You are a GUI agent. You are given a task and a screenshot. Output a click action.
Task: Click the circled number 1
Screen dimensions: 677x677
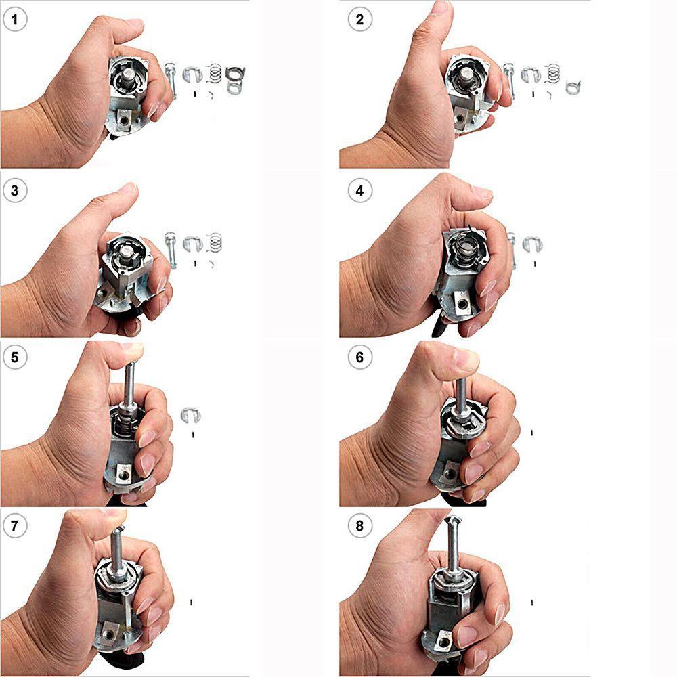click(x=16, y=19)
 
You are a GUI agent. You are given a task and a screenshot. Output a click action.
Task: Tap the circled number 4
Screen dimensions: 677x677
click(x=359, y=190)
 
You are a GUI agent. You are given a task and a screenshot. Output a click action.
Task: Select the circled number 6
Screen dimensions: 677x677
click(x=359, y=357)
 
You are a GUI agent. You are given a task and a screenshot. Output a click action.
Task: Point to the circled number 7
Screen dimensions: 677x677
click(x=16, y=526)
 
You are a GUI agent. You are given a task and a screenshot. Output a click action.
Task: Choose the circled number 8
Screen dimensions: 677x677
click(x=359, y=526)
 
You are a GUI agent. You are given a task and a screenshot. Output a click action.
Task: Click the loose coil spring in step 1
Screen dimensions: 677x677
click(x=215, y=70)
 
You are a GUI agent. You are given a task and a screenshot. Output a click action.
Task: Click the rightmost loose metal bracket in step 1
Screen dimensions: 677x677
click(x=235, y=79)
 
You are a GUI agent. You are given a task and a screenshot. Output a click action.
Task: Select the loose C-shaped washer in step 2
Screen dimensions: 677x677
click(x=531, y=76)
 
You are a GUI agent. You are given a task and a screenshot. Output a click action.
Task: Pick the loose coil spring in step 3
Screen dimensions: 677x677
click(x=216, y=242)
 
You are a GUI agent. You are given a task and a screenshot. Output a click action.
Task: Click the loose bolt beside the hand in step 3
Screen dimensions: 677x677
click(x=171, y=248)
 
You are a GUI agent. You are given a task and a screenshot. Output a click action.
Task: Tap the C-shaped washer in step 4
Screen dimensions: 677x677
click(x=531, y=244)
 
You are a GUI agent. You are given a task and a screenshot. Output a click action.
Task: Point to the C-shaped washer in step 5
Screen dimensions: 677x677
click(x=192, y=415)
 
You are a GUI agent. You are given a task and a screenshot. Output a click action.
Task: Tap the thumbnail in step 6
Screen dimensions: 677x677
click(x=466, y=359)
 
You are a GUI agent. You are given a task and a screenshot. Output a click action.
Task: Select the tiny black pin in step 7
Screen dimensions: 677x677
click(x=192, y=600)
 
